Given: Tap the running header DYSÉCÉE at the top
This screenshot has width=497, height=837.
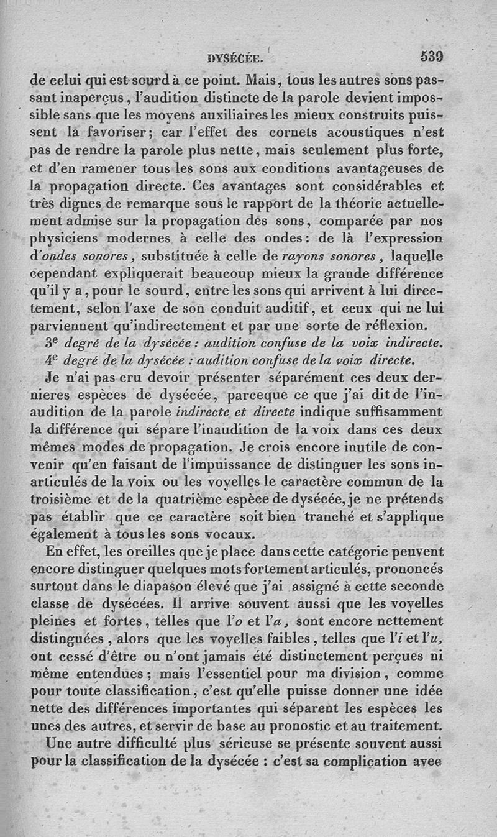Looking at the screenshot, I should tap(235, 59).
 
